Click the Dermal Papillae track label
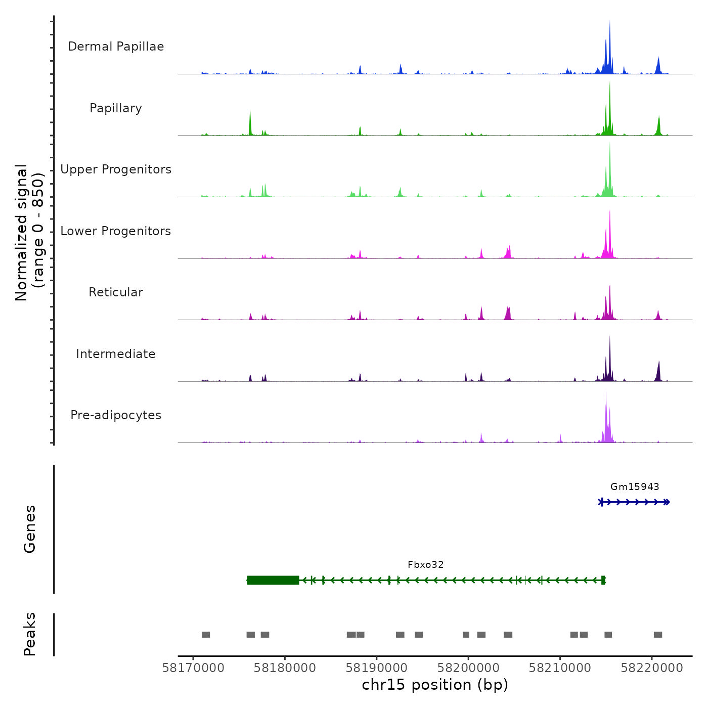click(x=116, y=47)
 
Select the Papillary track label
click(x=116, y=108)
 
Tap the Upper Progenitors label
click(x=116, y=169)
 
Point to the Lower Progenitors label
click(x=116, y=231)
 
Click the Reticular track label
click(x=116, y=292)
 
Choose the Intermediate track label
click(x=116, y=354)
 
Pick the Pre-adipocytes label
click(x=116, y=415)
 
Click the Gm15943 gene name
click(x=635, y=487)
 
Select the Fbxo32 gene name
click(x=426, y=565)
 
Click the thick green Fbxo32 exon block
click(x=273, y=580)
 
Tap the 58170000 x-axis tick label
click(x=193, y=668)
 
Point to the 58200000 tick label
click(x=468, y=668)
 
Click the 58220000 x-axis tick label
click(x=652, y=668)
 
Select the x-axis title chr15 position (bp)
click(x=435, y=685)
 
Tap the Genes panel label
click(x=30, y=529)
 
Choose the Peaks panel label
click(x=30, y=634)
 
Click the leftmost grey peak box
click(x=206, y=635)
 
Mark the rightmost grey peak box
click(x=658, y=635)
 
